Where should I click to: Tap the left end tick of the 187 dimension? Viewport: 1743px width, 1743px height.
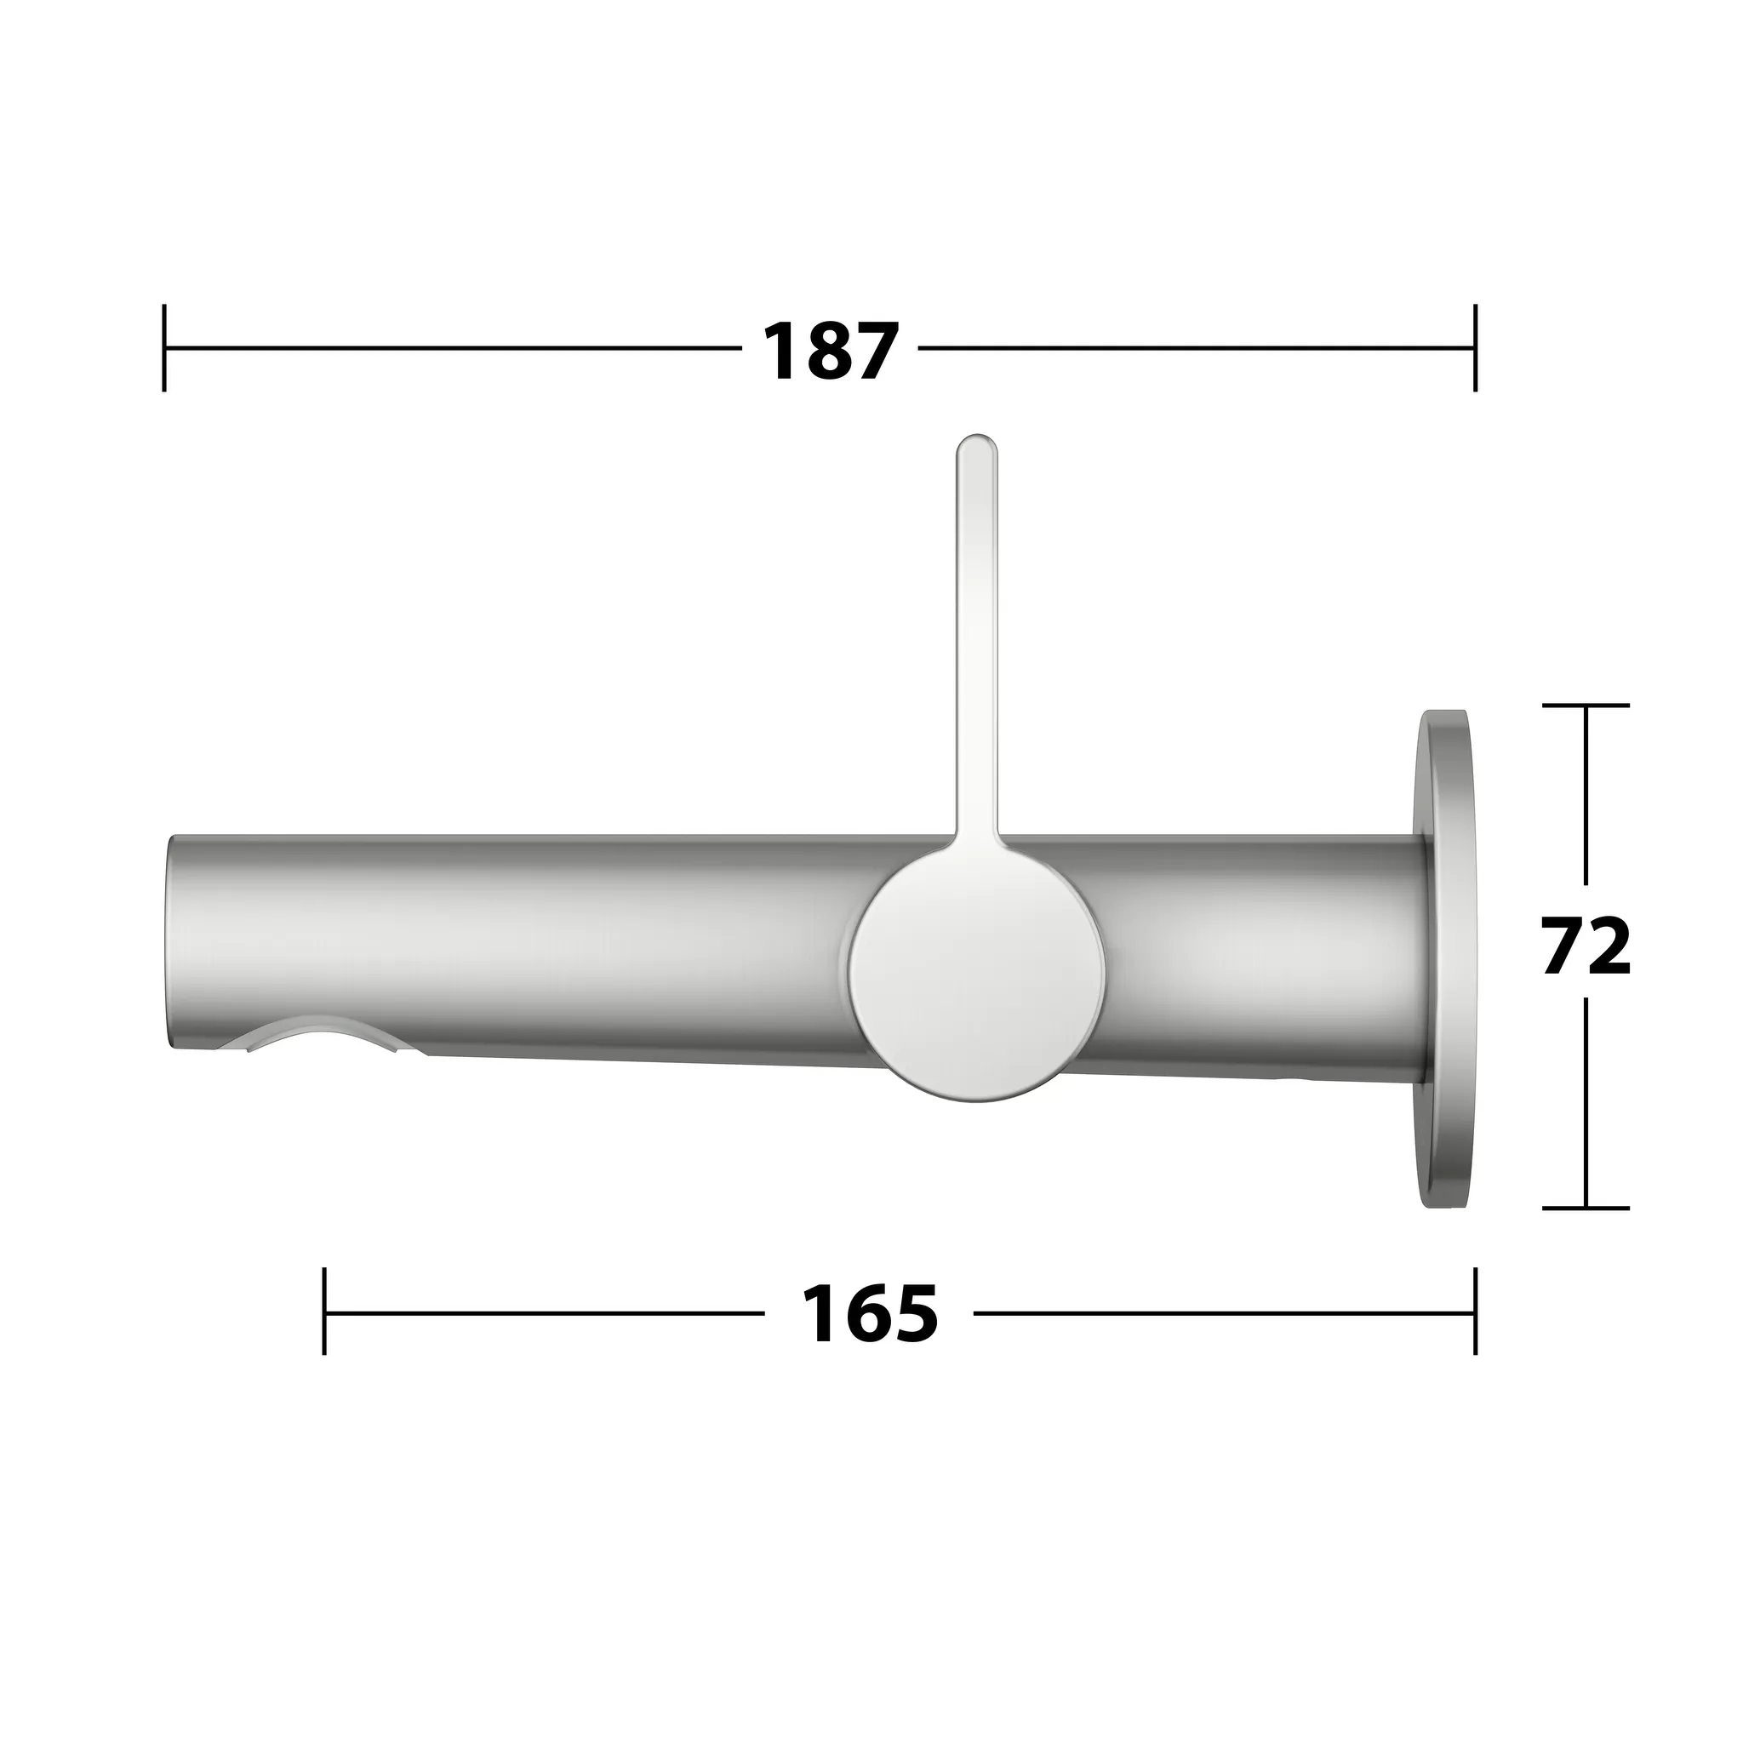click(x=164, y=348)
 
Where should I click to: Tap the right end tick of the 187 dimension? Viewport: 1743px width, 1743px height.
click(x=1475, y=348)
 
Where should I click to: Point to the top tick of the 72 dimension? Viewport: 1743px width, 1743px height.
click(x=1585, y=706)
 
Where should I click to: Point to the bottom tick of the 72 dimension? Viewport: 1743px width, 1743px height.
click(x=1585, y=1208)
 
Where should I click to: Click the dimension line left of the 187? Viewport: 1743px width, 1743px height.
click(x=451, y=348)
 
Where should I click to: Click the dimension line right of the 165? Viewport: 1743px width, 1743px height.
click(x=1218, y=1312)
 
